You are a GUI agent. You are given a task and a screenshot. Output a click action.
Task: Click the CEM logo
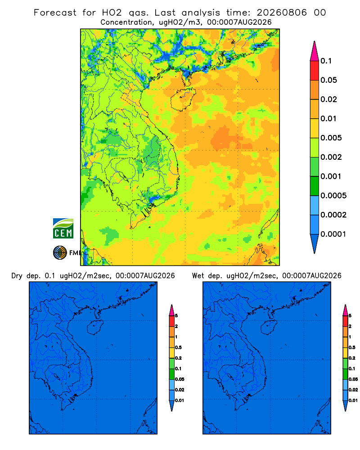click(63, 228)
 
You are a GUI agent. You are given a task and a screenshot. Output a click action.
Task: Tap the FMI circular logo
click(60, 253)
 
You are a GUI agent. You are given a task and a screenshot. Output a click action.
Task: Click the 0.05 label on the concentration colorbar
click(328, 80)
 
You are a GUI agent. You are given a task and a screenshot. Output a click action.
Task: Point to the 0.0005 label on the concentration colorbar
click(333, 195)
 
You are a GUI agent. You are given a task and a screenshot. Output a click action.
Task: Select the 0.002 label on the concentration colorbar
click(331, 157)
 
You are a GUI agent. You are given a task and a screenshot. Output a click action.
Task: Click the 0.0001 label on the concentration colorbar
click(333, 234)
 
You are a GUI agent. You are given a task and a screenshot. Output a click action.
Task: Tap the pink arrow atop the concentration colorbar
click(315, 51)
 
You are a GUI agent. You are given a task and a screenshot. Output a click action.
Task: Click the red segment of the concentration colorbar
click(315, 71)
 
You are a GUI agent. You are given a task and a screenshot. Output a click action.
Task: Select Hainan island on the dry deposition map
click(95, 328)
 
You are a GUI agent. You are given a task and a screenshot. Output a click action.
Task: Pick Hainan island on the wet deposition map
click(269, 328)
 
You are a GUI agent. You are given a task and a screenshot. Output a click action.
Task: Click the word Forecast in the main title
click(55, 13)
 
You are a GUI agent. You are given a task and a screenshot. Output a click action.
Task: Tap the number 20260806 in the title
click(282, 13)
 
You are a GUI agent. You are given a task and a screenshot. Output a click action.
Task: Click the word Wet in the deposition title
click(198, 276)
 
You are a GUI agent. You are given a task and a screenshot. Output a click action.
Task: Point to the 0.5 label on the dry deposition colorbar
click(178, 347)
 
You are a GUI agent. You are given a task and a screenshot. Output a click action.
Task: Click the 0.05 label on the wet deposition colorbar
click(353, 379)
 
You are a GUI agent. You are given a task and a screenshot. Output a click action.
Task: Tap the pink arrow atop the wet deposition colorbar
click(345, 310)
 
